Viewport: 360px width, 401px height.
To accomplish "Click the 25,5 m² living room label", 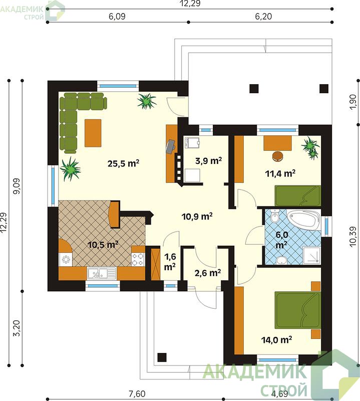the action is coord(123,163).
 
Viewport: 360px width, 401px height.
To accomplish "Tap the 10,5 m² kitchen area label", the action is coord(103,245).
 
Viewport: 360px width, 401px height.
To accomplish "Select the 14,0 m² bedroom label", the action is coord(276,340).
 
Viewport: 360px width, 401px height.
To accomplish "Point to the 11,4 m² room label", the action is coord(280,173).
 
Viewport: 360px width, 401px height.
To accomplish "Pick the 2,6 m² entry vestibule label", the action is coord(208,273).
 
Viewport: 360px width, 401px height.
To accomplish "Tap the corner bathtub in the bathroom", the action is coord(304,219).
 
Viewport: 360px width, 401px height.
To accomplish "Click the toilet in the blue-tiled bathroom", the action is coord(275,217).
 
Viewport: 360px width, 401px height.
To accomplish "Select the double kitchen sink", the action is coord(102,273).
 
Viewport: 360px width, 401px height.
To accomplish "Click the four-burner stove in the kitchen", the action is coord(138,259).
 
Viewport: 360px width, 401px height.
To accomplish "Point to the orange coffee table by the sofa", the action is coord(93,133).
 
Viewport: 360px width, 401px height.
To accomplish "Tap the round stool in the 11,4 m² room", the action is coord(278,156).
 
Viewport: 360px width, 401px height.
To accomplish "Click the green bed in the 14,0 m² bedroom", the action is coord(297,310).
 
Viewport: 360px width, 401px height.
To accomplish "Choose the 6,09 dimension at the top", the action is coord(117,17).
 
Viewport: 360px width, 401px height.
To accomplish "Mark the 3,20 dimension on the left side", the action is coord(17,328).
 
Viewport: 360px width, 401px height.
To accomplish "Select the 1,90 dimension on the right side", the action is coord(353,102).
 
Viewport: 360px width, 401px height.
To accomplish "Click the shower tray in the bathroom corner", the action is coord(311,255).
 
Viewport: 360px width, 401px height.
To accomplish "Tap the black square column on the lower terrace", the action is coord(162,357).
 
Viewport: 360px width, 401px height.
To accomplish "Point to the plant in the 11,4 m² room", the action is coord(311,147).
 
